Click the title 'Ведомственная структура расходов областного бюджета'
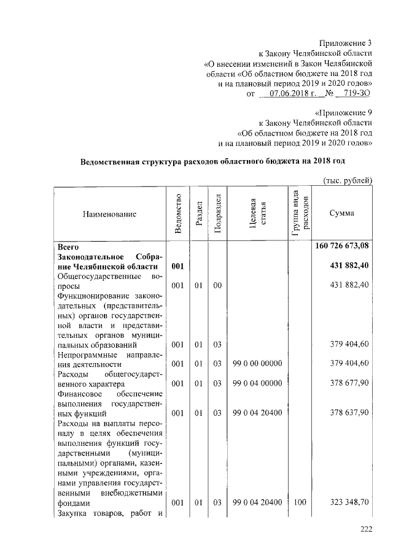click(213, 162)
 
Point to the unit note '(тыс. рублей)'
click(348, 180)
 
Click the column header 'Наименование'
click(107, 214)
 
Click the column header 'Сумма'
click(341, 213)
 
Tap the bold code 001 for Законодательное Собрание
click(177, 267)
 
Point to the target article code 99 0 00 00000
click(257, 364)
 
